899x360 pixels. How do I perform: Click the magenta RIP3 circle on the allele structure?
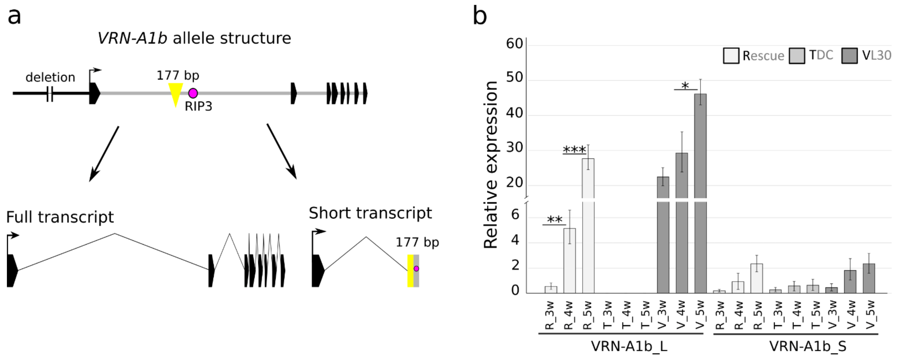[193, 93]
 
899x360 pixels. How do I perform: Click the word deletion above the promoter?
[50, 77]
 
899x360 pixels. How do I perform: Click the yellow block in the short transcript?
[410, 271]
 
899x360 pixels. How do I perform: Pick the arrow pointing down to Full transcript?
[104, 154]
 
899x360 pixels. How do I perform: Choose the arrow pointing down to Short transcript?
[282, 151]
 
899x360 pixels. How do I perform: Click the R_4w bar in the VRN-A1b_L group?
[570, 260]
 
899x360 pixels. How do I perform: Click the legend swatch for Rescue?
[731, 56]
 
